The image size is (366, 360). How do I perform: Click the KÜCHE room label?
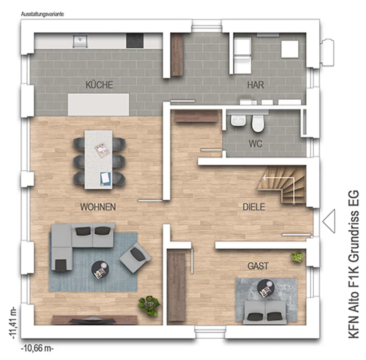pyautogui.click(x=99, y=85)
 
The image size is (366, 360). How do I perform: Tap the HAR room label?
pyautogui.click(x=256, y=85)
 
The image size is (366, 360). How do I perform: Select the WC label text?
pyautogui.click(x=256, y=144)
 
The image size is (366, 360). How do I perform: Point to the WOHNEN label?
pyautogui.click(x=98, y=207)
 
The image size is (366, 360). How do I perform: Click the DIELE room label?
pyautogui.click(x=254, y=207)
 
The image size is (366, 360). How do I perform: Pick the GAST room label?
pyautogui.click(x=258, y=266)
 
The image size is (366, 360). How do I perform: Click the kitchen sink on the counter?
pyautogui.click(x=80, y=41)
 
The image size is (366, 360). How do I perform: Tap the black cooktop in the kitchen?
pyautogui.click(x=135, y=41)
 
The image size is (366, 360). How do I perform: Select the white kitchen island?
pyautogui.click(x=99, y=105)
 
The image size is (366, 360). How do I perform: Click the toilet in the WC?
pyautogui.click(x=257, y=123)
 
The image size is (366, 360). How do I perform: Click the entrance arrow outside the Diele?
pyautogui.click(x=329, y=221)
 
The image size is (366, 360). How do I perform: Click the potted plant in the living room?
pyautogui.click(x=149, y=305)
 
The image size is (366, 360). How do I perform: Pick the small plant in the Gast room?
pyautogui.click(x=297, y=257)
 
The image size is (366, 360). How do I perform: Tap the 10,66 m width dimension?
pyautogui.click(x=37, y=349)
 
